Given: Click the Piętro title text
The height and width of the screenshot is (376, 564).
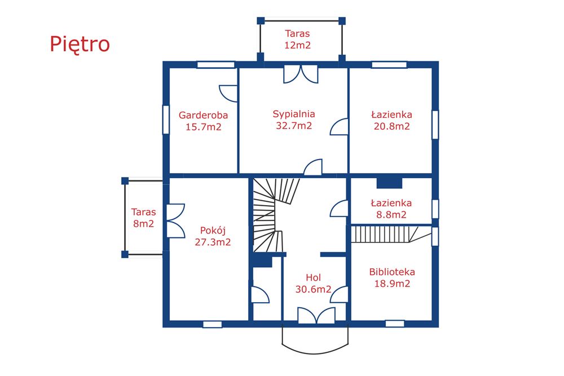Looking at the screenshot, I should [80, 44].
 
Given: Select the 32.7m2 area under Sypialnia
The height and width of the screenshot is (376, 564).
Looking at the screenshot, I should [293, 126].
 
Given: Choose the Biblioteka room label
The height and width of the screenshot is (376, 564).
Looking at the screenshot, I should [392, 272].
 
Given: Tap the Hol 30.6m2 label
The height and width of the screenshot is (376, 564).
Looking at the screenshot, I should [313, 283].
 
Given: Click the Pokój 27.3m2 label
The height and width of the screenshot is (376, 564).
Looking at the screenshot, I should [213, 236].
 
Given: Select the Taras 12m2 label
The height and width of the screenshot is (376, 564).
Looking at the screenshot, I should [297, 39].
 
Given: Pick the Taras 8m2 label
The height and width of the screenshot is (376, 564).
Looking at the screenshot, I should [143, 218].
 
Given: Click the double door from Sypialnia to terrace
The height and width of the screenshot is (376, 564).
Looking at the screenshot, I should [301, 74].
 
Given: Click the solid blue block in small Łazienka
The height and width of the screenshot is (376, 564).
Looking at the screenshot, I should [389, 183].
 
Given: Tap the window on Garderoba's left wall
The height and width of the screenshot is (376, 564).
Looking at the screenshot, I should [166, 119].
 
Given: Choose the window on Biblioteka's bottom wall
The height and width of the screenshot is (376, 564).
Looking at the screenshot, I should [395, 324].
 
